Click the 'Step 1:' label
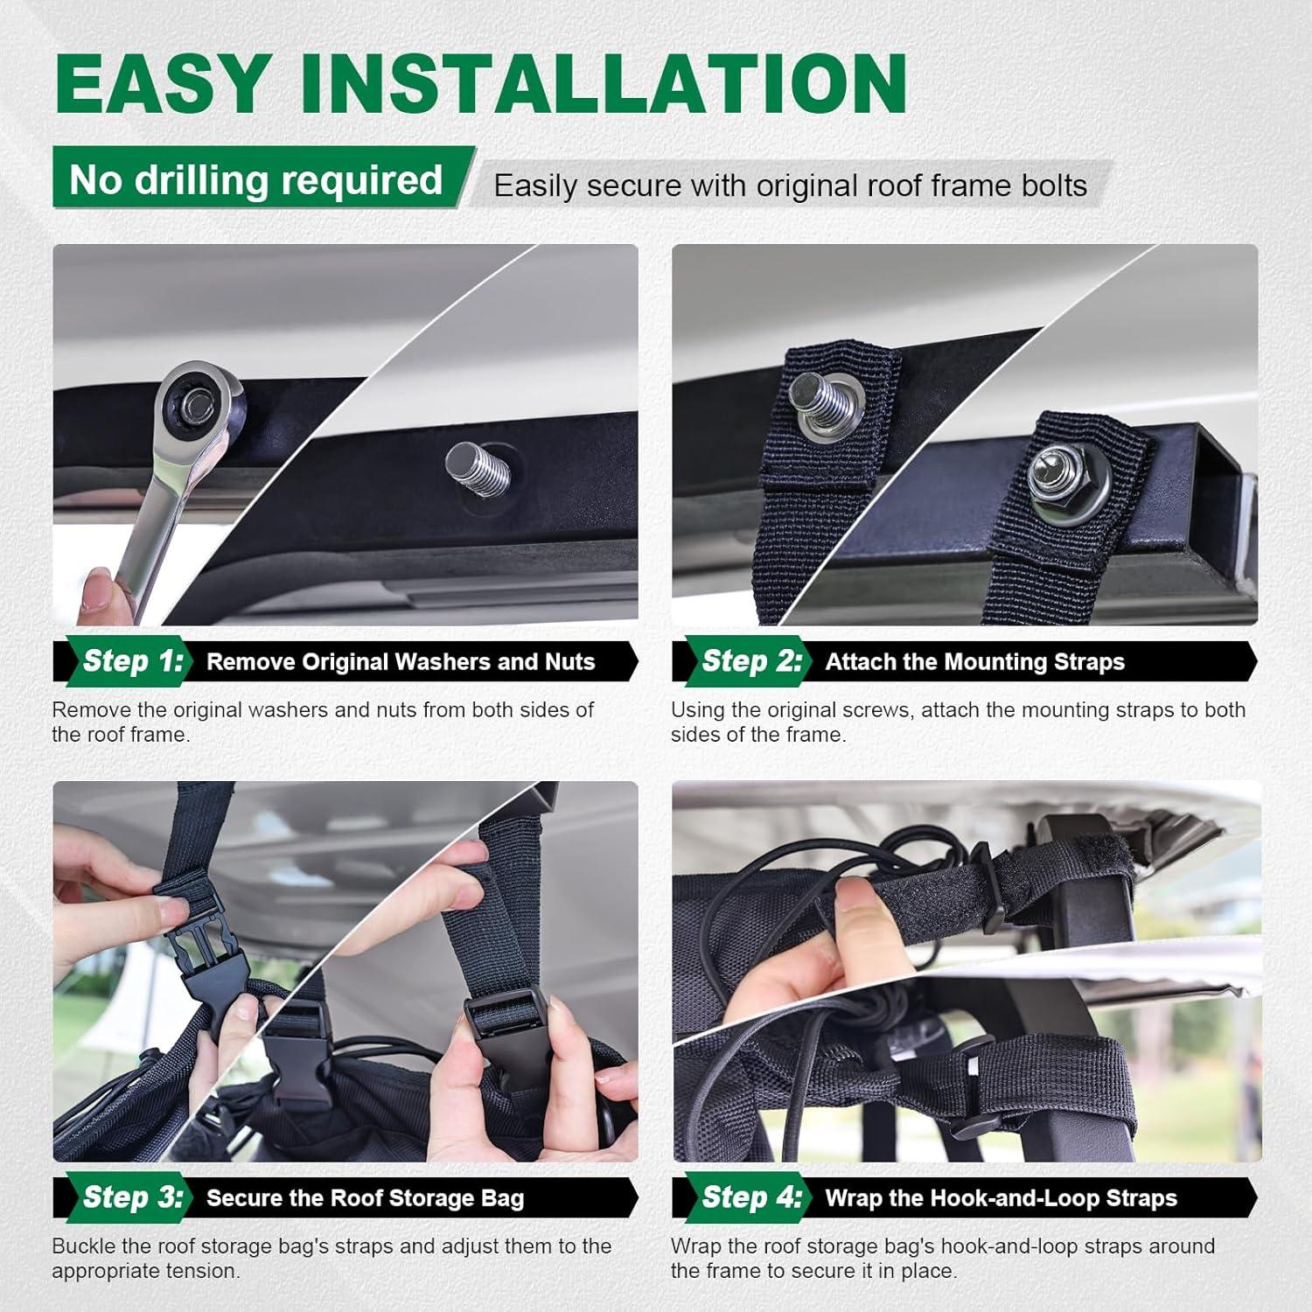(x=134, y=661)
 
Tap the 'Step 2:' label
(x=752, y=661)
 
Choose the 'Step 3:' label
(x=134, y=1197)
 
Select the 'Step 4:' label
(x=752, y=1197)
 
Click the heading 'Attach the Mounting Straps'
(x=975, y=662)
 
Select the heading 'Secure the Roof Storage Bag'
(x=365, y=1198)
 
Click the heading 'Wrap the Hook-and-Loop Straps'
(x=1001, y=1198)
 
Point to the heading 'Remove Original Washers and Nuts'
(x=401, y=662)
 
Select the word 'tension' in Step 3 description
(x=206, y=1271)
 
